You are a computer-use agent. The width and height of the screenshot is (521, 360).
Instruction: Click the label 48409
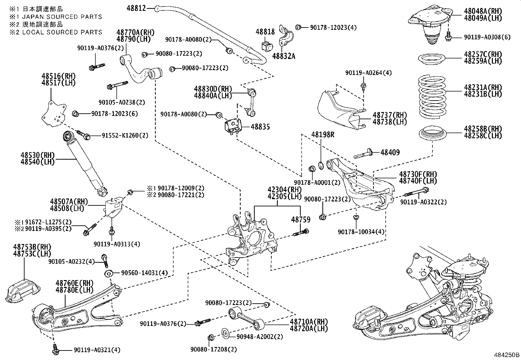pyautogui.click(x=390, y=152)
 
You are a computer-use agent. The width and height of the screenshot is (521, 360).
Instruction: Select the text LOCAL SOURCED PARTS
pyautogui.click(x=62, y=32)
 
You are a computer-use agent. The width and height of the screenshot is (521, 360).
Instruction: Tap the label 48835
pyautogui.click(x=260, y=127)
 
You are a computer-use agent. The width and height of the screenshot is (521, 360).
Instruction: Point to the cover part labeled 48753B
pyautogui.click(x=23, y=289)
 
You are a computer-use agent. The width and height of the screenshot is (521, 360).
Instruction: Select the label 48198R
pyautogui.click(x=323, y=135)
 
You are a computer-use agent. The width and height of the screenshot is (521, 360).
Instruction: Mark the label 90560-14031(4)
pyautogui.click(x=144, y=273)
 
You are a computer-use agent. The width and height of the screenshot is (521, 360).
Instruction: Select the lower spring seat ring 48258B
pyautogui.click(x=433, y=134)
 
